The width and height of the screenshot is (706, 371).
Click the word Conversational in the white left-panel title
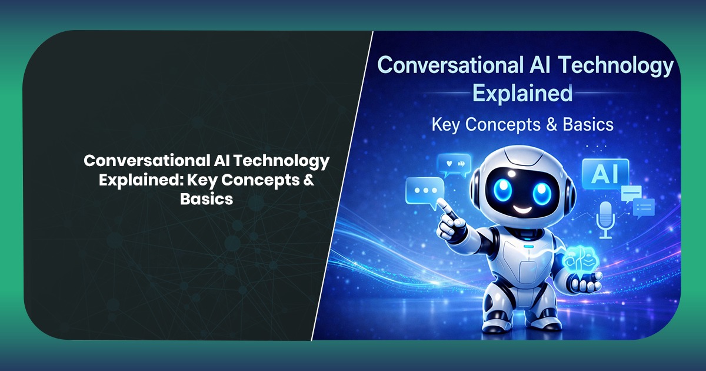[136, 161]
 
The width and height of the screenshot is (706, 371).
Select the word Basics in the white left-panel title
[207, 199]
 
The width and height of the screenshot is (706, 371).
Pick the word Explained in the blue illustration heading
[522, 93]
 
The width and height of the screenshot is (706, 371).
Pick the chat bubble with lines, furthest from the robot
[644, 207]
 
